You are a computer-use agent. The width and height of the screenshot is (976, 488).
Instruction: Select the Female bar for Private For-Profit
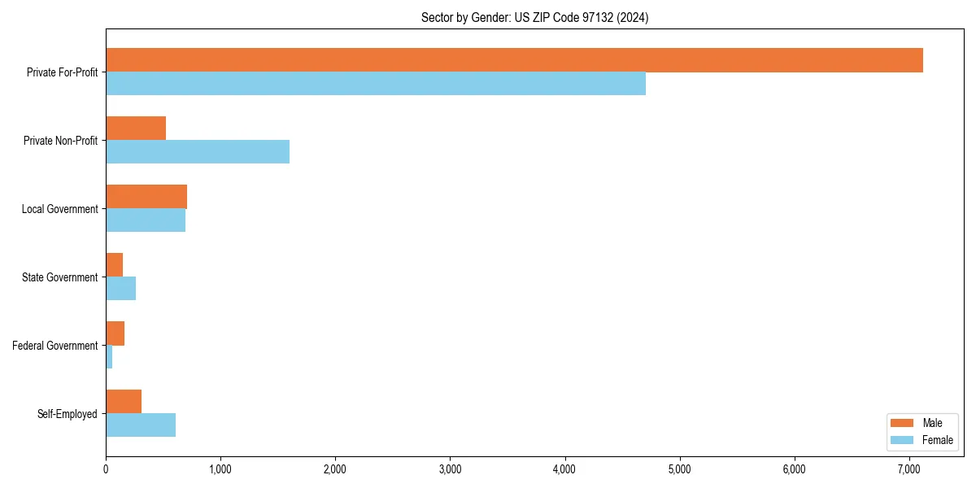pos(376,84)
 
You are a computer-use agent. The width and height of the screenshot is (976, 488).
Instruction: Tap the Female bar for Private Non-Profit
pos(198,152)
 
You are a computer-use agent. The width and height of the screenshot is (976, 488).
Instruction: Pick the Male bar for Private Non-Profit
pos(136,129)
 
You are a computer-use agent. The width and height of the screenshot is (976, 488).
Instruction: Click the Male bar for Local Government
pos(146,197)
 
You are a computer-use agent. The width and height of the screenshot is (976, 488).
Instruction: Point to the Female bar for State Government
pos(120,289)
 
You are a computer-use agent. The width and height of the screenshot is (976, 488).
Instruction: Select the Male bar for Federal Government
pos(115,333)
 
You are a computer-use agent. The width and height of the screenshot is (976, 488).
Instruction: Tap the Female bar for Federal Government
pos(109,357)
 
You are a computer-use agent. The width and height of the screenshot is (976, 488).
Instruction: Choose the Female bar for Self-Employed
pos(141,425)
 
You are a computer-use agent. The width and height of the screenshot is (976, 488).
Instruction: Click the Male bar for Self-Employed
pos(124,402)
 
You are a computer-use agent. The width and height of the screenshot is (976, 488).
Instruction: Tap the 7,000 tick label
pos(908,469)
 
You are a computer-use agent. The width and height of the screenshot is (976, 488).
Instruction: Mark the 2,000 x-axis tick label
pos(335,469)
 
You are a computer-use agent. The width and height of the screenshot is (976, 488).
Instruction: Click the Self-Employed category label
pos(68,414)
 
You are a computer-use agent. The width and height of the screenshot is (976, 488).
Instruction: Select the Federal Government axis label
pos(55,346)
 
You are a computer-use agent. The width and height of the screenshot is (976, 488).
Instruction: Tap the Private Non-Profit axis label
pos(60,141)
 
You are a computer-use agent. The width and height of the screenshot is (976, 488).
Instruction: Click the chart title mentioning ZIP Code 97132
pos(534,17)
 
